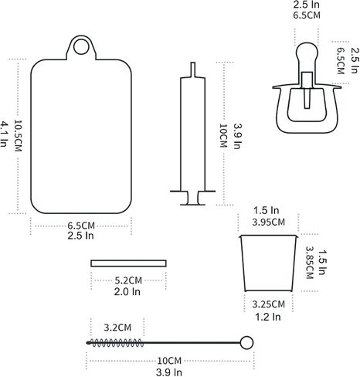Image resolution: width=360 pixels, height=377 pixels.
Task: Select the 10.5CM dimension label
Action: (x=18, y=136)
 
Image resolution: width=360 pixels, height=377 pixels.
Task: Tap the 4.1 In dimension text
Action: (x=4, y=134)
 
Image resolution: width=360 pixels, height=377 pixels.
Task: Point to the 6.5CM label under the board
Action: (x=81, y=226)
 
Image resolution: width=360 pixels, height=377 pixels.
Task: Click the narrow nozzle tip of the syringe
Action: (x=192, y=70)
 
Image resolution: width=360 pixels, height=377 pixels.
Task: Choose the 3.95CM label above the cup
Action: (x=268, y=222)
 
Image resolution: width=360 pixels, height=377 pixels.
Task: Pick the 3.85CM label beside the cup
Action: (x=309, y=263)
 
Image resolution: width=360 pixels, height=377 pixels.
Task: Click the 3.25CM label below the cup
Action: (x=268, y=304)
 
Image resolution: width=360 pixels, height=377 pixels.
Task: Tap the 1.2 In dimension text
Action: (x=268, y=317)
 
